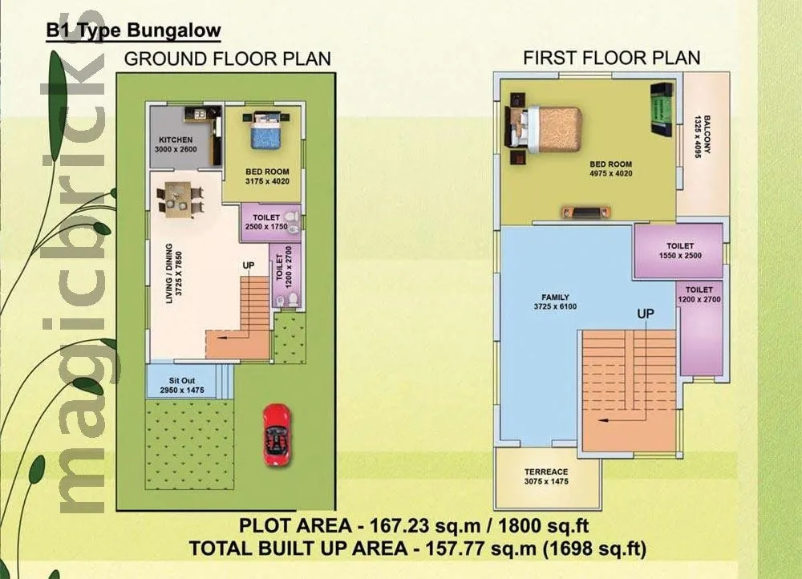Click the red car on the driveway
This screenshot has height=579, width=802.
[x=277, y=433]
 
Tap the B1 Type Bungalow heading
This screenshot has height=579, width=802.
[x=133, y=31]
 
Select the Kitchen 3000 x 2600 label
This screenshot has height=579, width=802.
[x=175, y=144]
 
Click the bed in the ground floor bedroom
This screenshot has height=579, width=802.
[x=265, y=131]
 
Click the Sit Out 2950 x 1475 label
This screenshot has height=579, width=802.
[x=180, y=383]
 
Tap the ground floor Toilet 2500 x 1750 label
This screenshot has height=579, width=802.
[x=265, y=221]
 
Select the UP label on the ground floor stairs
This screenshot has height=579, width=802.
[x=249, y=265]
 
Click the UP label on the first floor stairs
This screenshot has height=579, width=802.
[x=646, y=314]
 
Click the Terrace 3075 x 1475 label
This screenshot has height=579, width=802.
[x=546, y=476]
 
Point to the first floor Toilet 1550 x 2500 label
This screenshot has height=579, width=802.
[x=678, y=250]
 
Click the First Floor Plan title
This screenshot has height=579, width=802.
[x=611, y=58]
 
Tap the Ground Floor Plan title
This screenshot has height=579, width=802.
[x=228, y=59]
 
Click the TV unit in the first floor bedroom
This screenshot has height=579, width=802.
[x=584, y=213]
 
